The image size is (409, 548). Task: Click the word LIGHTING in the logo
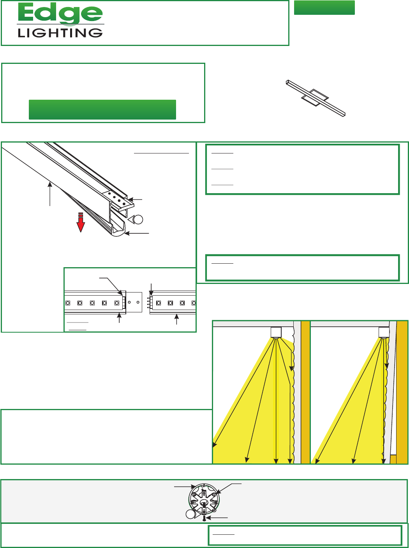(60, 33)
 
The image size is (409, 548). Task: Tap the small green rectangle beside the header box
(324, 7)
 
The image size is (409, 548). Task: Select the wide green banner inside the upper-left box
(102, 109)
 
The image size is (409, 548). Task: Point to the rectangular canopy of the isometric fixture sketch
(315, 98)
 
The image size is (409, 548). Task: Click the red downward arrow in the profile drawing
(81, 222)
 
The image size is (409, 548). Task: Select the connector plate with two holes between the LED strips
(134, 302)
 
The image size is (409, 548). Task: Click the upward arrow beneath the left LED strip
(119, 318)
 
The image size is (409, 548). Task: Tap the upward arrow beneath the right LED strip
(177, 319)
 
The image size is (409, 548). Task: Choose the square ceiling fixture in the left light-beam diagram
(276, 332)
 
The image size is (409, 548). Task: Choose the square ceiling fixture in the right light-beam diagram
(384, 332)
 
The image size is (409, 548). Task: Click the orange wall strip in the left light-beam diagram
(305, 392)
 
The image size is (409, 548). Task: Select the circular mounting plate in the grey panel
(204, 500)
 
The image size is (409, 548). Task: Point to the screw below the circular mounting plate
(204, 518)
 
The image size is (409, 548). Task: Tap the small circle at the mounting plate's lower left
(190, 514)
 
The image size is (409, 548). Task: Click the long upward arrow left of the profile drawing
(50, 194)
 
